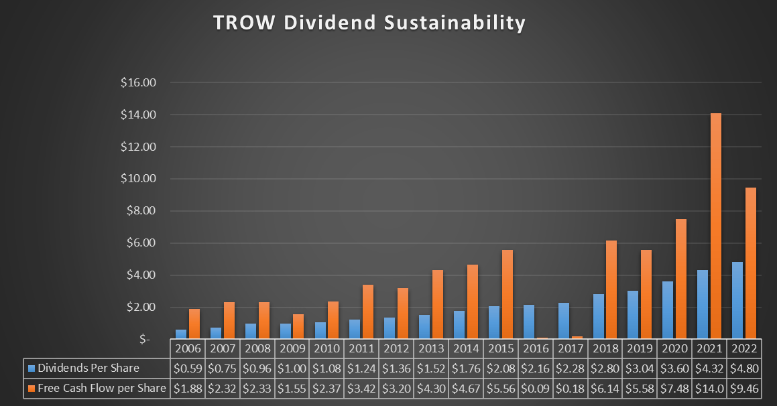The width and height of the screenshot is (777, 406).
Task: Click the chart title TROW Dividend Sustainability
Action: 369,23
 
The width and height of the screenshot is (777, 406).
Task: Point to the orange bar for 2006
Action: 194,324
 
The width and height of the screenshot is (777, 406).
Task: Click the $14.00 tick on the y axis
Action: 138,115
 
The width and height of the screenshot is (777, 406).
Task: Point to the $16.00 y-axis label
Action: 138,83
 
